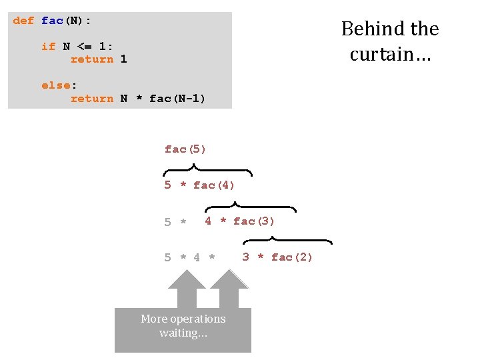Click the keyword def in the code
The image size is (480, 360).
coord(23,21)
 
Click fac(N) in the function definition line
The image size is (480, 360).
coord(66,21)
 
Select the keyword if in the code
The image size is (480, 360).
coord(48,46)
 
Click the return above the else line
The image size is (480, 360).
coord(92,59)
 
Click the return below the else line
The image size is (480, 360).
coord(92,99)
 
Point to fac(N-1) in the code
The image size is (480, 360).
coord(177,99)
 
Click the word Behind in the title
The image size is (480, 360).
coord(367,29)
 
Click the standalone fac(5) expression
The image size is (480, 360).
coord(185,149)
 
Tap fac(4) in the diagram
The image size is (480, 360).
coord(214,185)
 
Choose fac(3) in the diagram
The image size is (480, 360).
coord(254,221)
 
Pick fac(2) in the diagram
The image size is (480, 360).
coord(292,257)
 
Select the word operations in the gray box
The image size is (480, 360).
coord(197,319)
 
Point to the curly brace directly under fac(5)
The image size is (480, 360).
coord(207,171)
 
